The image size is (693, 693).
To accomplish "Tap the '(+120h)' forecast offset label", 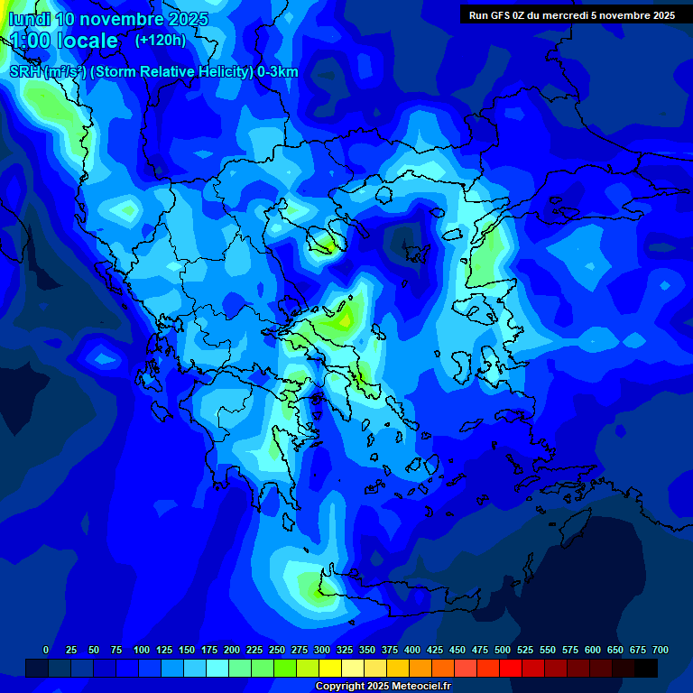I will [161, 40].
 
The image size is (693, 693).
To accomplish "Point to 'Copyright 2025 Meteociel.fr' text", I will [383, 687].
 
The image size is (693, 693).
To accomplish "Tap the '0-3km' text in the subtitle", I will [278, 72].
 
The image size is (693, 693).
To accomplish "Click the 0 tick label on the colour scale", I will [46, 650].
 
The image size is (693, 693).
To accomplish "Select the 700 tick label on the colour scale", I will [660, 650].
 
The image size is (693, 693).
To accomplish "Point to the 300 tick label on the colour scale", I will [322, 650].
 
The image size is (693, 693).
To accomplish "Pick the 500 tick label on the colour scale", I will [503, 650].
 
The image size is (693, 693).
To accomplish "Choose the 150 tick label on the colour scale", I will [187, 650].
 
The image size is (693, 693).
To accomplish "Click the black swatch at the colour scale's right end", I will [646, 668].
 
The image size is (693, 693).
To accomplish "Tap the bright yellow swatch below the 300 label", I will [330, 668].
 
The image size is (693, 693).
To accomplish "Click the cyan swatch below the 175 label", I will [217, 668].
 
